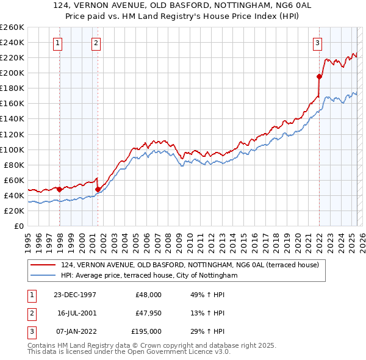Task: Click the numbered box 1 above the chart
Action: point(57,43)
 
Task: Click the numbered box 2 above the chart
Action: point(96,43)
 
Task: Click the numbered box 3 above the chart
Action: point(318,43)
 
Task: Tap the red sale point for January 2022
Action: point(319,76)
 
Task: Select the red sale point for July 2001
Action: point(98,189)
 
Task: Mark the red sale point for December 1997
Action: point(59,189)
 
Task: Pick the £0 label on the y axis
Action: point(18,226)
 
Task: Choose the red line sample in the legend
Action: point(43,265)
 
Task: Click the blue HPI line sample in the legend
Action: point(43,276)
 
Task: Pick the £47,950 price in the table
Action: point(148,313)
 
